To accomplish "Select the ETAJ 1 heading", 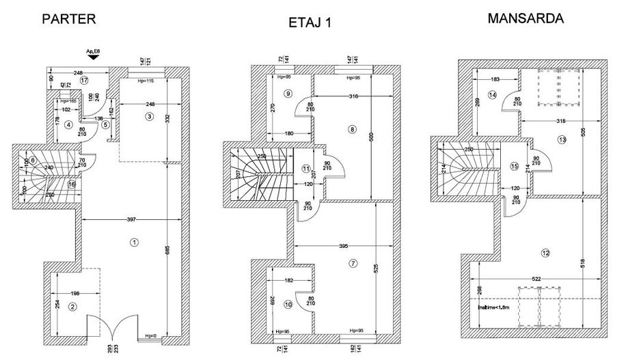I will tap(310, 23).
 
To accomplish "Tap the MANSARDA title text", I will tap(525, 18).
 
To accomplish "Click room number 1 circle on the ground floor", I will tap(134, 242).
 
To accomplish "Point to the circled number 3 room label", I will tap(149, 117).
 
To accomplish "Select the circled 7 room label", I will tap(353, 263).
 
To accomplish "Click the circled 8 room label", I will tap(352, 129).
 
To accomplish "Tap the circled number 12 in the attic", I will tap(545, 253).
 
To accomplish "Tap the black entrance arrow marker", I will tap(92, 59).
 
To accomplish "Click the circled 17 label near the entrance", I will tap(84, 80).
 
